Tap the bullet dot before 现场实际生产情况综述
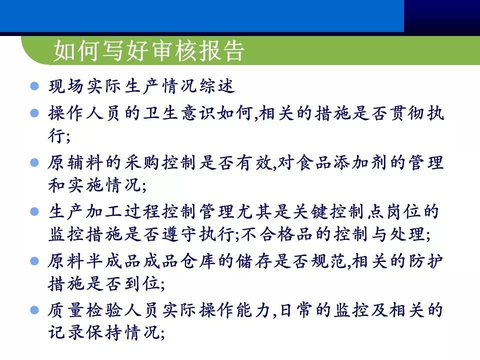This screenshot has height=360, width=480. pyautogui.click(x=34, y=85)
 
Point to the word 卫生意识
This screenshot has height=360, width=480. pyautogui.click(x=181, y=113)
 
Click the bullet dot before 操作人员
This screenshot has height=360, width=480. pyautogui.click(x=34, y=113)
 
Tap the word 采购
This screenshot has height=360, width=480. pyautogui.click(x=143, y=162)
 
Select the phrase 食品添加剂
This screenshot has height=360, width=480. pyautogui.click(x=352, y=162)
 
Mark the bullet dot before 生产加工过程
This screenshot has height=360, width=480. pyautogui.click(x=34, y=211)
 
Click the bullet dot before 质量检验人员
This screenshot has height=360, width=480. pyautogui.click(x=34, y=310)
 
